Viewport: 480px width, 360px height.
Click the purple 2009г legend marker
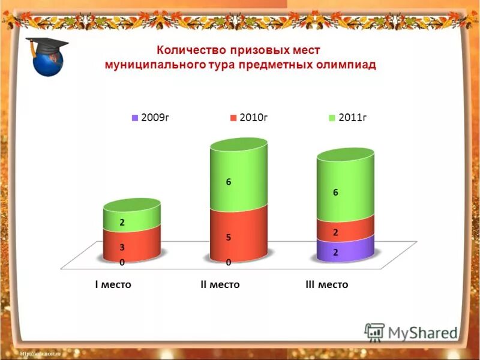click(x=135, y=118)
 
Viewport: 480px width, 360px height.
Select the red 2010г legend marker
click(x=233, y=118)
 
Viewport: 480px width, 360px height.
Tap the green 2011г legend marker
click(x=332, y=118)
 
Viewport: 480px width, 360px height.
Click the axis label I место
click(x=113, y=284)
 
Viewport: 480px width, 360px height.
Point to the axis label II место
click(x=220, y=284)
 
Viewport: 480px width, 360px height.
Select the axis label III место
click(x=326, y=284)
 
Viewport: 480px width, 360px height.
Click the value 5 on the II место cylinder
click(x=229, y=238)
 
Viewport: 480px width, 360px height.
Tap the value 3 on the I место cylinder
click(x=122, y=247)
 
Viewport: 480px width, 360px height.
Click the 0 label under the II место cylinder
click(x=229, y=263)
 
